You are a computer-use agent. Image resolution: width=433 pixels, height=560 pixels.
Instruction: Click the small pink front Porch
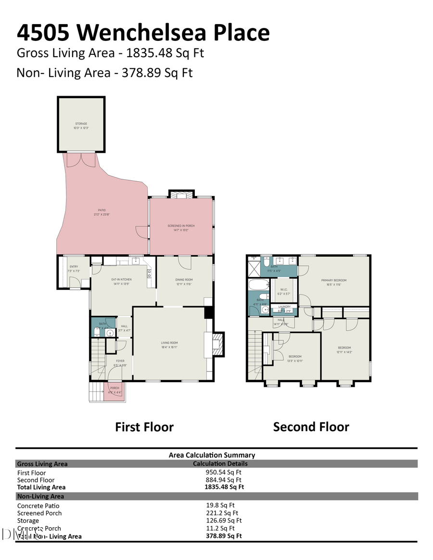click(115, 390)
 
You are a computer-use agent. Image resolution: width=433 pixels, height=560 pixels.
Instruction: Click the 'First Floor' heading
click(144, 427)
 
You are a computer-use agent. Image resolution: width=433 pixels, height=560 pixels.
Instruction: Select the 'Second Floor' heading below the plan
click(311, 427)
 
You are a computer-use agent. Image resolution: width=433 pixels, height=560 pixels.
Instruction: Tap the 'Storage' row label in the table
click(28, 521)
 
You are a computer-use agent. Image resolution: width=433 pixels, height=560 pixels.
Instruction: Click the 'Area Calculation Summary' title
click(212, 455)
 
